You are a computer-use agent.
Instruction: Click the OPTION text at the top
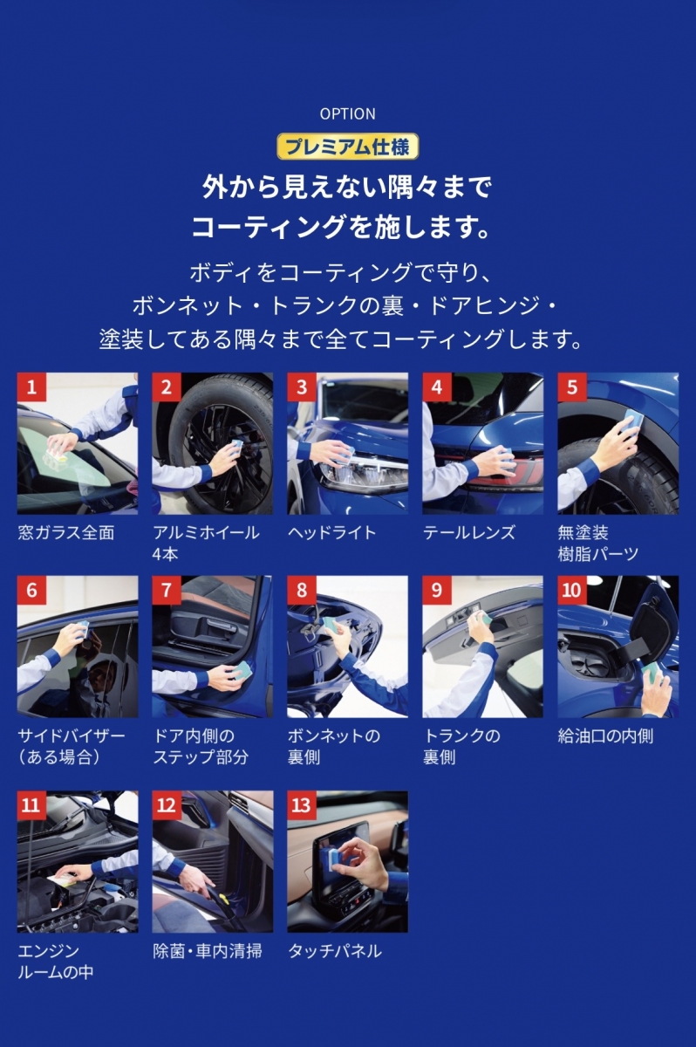coord(347,114)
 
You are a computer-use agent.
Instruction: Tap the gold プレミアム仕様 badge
coord(347,147)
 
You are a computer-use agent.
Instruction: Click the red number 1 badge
coord(31,387)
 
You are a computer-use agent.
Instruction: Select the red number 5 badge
coord(572,387)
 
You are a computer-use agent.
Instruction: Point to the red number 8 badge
coord(301,590)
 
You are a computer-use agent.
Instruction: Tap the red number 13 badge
coord(301,804)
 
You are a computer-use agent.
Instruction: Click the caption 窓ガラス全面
coord(66,532)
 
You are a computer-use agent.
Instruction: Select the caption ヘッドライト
coord(331,532)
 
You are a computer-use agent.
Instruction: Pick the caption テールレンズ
coord(469,532)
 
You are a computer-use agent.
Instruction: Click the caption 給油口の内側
coord(605,736)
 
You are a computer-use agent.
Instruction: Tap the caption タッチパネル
coord(335,951)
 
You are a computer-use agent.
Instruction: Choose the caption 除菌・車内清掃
coord(208,951)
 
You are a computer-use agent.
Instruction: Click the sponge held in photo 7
coord(243,672)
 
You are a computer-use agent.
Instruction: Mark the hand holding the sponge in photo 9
coord(481,630)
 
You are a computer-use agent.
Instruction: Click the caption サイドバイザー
coord(72,736)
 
